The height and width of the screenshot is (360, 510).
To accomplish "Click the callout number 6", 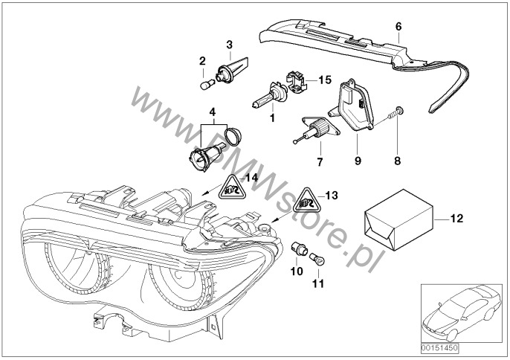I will [x=398, y=26].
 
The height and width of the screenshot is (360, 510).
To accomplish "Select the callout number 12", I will [x=457, y=219].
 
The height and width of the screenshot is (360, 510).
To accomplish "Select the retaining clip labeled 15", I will [x=295, y=78].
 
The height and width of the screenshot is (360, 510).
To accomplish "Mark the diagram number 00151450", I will [x=440, y=345].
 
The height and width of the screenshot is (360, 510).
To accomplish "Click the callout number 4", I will [x=213, y=112].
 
